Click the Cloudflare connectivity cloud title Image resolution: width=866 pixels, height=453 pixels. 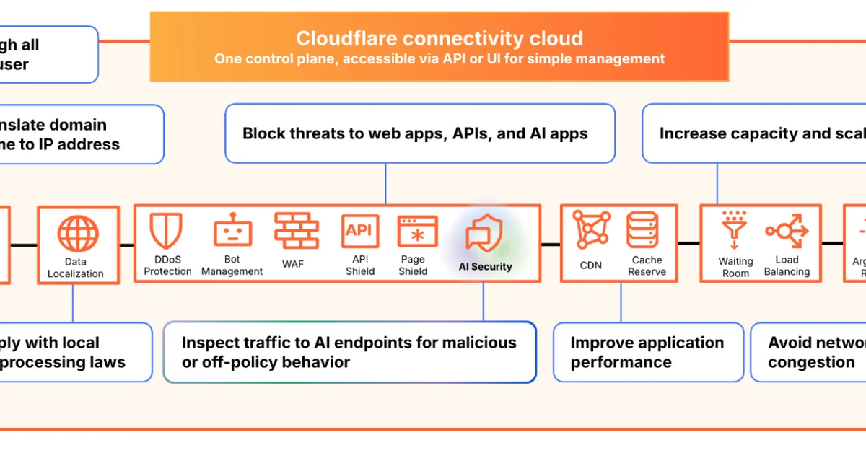pyautogui.click(x=439, y=38)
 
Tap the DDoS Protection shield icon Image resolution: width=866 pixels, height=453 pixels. pyautogui.click(x=166, y=231)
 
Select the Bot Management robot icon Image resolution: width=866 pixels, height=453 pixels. pyautogui.click(x=232, y=231)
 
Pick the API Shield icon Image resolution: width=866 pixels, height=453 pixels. pyautogui.click(x=359, y=231)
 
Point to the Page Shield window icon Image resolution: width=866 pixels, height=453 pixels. pyautogui.click(x=417, y=231)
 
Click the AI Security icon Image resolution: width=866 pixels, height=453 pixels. pyautogui.click(x=484, y=232)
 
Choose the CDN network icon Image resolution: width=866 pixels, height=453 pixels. pyautogui.click(x=591, y=230)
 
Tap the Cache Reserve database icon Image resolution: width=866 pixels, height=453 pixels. pyautogui.click(x=647, y=230)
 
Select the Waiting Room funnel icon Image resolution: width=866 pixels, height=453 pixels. pyautogui.click(x=735, y=230)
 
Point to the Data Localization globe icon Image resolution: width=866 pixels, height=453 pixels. pyautogui.click(x=77, y=233)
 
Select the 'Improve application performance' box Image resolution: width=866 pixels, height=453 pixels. pyautogui.click(x=647, y=352)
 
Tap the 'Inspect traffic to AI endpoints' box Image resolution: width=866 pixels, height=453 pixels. pyautogui.click(x=349, y=352)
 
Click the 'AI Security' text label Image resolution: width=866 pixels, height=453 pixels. pyautogui.click(x=485, y=267)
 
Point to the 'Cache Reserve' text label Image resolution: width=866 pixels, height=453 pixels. pyautogui.click(x=647, y=266)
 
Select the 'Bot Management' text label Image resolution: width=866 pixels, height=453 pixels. pyautogui.click(x=232, y=265)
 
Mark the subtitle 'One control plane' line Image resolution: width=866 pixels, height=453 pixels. pyautogui.click(x=439, y=59)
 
